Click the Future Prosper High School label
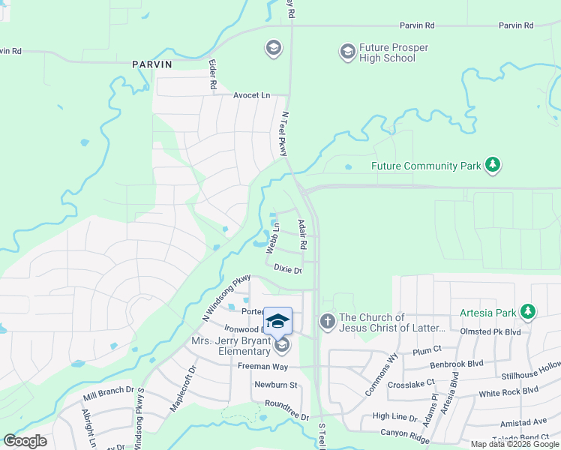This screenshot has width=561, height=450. click(x=394, y=52)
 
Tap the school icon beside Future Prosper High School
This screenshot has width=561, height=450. click(x=346, y=52)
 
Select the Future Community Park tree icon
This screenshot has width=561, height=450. click(x=492, y=165)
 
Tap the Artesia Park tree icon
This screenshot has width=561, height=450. click(x=528, y=310)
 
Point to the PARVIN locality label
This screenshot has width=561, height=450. click(x=152, y=64)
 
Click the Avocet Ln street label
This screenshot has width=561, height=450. click(x=251, y=95)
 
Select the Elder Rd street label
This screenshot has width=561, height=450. click(x=213, y=76)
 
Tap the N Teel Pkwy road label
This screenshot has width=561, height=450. click(x=284, y=134)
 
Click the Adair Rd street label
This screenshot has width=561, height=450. click(x=302, y=234)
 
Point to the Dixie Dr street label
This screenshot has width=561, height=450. click(x=287, y=269)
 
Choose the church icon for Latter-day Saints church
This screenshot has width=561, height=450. click(x=327, y=321)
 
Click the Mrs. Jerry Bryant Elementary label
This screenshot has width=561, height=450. click(x=230, y=346)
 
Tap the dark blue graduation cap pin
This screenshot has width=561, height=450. click(x=277, y=320)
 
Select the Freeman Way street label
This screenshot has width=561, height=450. click(x=262, y=366)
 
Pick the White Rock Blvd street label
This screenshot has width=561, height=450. click(x=509, y=391)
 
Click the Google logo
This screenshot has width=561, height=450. click(x=25, y=441)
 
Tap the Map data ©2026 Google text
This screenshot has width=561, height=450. click(x=514, y=444)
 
